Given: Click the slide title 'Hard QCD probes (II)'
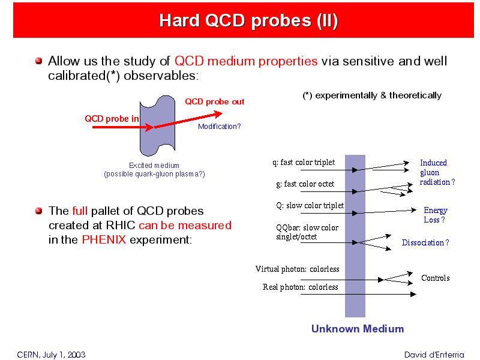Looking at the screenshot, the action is [248, 21].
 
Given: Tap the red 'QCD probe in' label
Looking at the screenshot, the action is [112, 118].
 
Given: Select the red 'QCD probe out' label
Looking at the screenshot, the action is [215, 101].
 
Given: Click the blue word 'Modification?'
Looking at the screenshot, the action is [219, 127].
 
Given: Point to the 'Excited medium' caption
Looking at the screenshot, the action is [154, 166].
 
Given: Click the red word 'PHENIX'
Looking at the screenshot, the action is [104, 239].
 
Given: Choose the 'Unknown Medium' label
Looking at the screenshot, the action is [358, 329].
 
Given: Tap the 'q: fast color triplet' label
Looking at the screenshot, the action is [304, 162].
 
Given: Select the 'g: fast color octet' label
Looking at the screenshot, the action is [305, 184].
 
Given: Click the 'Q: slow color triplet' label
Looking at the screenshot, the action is [310, 205].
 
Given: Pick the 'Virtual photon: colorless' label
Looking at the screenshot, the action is [297, 269].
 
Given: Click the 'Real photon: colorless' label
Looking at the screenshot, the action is [301, 287].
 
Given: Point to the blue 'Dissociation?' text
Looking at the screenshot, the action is [425, 242].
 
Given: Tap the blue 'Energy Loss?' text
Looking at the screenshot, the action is [436, 215].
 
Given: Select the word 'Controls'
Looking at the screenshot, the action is [436, 278].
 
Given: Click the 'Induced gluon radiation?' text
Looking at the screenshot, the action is [437, 172].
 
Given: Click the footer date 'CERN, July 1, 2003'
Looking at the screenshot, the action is [51, 355].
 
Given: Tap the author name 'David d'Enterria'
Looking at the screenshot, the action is [434, 355].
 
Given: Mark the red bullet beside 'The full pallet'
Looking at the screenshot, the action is [38, 211].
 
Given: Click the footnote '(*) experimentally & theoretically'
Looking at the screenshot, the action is [372, 95].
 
